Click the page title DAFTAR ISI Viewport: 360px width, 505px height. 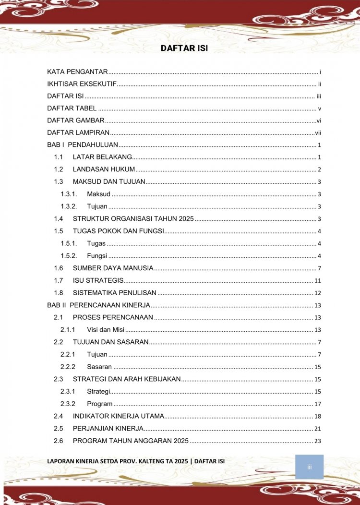click(184, 48)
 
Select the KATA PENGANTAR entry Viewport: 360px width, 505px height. click(77, 72)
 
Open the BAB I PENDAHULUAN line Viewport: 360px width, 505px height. click(82, 145)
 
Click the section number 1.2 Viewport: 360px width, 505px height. click(59, 169)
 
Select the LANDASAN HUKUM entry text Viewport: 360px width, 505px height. click(104, 169)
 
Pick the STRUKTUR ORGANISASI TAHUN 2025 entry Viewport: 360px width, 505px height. click(133, 219)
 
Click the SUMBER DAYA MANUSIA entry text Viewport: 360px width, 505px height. click(113, 268)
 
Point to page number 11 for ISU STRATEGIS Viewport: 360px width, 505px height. click(317, 280)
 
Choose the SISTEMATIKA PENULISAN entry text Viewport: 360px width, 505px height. click(114, 293)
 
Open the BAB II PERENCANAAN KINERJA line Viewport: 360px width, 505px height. click(98, 305)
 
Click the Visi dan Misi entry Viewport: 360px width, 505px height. click(106, 330)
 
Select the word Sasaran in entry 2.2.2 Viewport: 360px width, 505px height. click(99, 367)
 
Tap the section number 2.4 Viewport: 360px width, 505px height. click(59, 416)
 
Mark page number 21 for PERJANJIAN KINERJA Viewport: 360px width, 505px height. click(317, 429)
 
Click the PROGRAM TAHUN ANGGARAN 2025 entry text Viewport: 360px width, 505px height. click(131, 441)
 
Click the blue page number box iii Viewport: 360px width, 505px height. click(309, 467)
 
